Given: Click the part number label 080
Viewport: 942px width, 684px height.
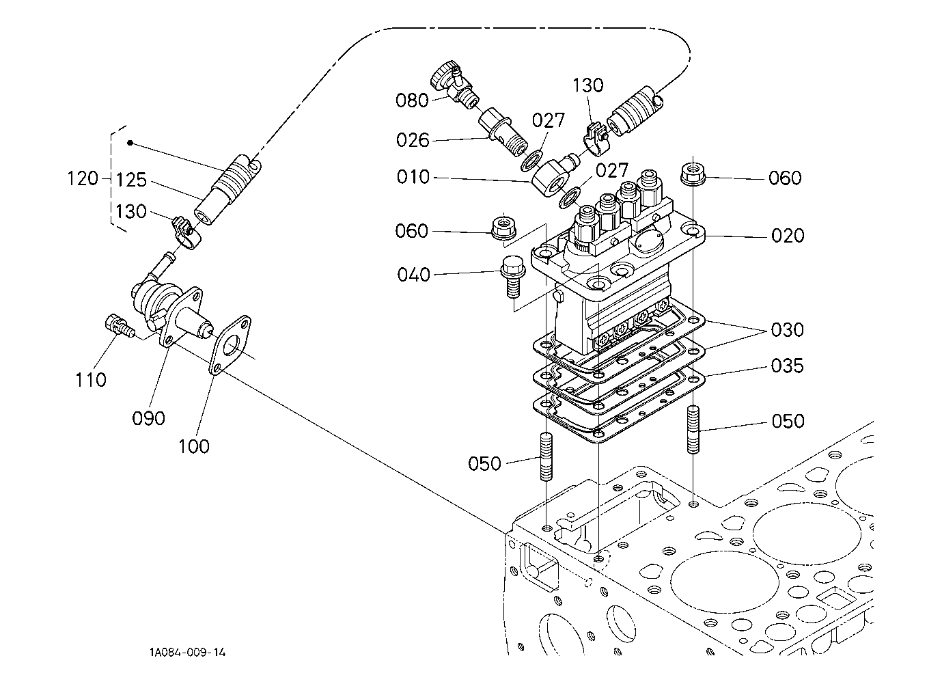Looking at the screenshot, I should (412, 100).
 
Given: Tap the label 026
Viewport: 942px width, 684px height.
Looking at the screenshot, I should (413, 140).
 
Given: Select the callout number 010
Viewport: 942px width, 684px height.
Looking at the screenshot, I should (413, 177).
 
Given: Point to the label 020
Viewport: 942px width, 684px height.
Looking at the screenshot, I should (788, 236).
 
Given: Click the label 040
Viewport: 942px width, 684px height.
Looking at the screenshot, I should (413, 275).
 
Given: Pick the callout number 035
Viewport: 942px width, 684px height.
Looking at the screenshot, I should (787, 366).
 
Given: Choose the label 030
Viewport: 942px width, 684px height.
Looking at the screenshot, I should (787, 330).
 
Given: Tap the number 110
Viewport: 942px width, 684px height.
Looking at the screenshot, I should (91, 379).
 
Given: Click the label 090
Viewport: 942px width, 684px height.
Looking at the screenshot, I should (149, 418).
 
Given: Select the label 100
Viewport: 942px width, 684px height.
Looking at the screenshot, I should (194, 446).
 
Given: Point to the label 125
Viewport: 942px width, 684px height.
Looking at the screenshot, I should (131, 180).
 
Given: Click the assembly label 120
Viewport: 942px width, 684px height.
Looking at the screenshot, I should (83, 180).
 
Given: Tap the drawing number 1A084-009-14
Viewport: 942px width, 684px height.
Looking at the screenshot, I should (188, 653).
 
